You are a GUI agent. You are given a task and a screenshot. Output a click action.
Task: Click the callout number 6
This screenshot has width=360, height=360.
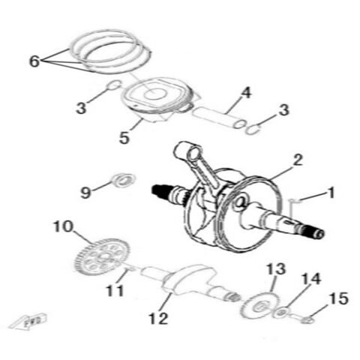(x=34, y=61)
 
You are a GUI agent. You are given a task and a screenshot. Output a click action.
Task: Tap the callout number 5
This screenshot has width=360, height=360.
(x=125, y=139)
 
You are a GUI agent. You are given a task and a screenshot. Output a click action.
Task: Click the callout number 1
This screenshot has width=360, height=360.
(x=331, y=193)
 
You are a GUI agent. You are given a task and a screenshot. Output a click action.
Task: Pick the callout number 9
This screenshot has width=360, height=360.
(x=85, y=193)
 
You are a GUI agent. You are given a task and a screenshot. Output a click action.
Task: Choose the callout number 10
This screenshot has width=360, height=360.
(x=62, y=224)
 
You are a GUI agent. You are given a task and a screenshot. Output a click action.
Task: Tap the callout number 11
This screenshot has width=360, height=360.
(x=114, y=290)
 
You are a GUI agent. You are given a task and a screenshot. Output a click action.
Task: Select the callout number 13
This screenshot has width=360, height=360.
(x=276, y=268)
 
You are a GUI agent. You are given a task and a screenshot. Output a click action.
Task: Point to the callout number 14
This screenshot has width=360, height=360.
(x=310, y=279)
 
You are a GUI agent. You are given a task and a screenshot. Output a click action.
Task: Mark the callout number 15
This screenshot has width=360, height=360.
(x=338, y=299)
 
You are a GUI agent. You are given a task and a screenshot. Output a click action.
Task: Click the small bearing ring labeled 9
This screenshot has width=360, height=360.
(x=121, y=179)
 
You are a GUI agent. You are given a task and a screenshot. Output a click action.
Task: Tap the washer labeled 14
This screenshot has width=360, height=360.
(x=281, y=311)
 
